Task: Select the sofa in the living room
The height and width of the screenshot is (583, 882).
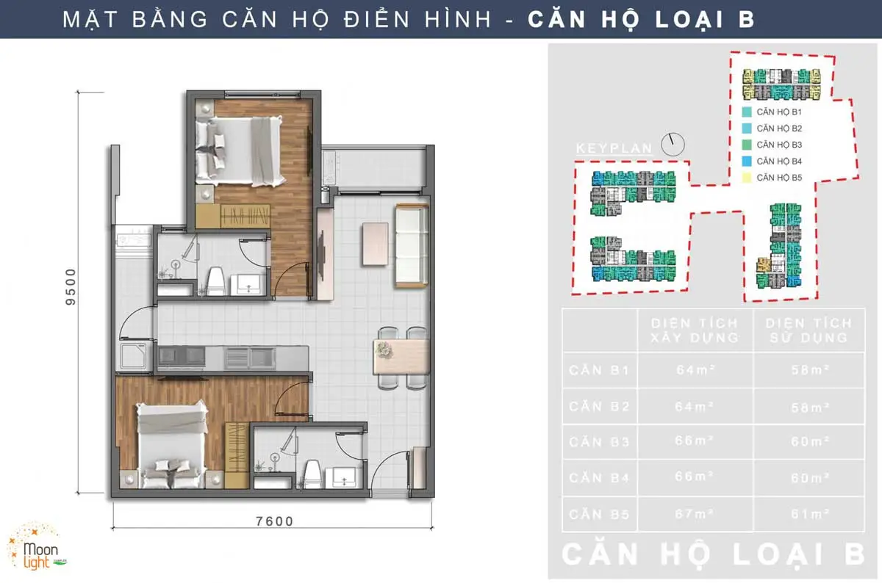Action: (412, 246)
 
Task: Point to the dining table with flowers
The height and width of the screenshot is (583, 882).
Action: (401, 356)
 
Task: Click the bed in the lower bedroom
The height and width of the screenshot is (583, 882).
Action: (171, 444)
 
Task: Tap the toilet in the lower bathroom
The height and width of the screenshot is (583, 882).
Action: (312, 473)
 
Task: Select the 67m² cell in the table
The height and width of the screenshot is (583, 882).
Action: (695, 513)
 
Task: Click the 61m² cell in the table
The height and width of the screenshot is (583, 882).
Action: (808, 513)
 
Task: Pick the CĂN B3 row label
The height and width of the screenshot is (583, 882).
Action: (599, 442)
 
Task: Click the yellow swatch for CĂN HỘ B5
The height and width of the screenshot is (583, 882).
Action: (746, 177)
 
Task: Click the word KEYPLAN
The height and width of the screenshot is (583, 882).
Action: (614, 148)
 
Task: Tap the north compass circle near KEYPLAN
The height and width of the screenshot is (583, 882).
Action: (672, 145)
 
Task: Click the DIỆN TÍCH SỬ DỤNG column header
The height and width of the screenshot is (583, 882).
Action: (808, 330)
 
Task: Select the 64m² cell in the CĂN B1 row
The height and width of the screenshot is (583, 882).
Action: (695, 370)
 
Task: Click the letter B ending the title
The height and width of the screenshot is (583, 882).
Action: (746, 19)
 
